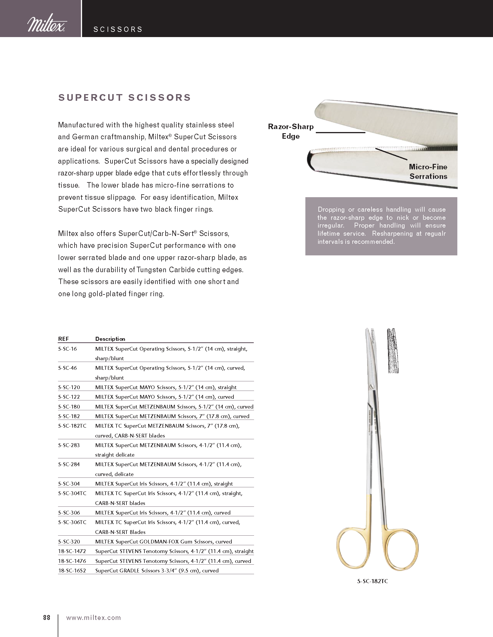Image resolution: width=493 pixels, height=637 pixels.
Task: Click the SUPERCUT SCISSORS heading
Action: (x=125, y=97)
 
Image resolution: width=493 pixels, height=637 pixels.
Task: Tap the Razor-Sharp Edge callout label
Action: (x=291, y=131)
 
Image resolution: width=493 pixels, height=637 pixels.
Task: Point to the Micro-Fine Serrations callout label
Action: (x=428, y=171)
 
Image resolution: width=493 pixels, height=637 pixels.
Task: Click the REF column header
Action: (x=64, y=339)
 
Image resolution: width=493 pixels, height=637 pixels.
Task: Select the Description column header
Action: (x=110, y=339)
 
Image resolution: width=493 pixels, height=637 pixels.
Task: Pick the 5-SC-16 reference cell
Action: (x=68, y=349)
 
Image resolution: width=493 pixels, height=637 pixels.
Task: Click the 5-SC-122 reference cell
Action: (x=69, y=397)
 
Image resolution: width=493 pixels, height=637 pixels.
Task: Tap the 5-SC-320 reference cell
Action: (x=69, y=541)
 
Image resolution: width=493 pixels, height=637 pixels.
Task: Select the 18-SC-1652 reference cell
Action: (x=72, y=570)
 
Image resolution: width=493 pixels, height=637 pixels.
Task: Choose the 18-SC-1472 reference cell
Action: (x=72, y=551)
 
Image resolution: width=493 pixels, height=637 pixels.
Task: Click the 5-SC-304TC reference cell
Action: (x=72, y=493)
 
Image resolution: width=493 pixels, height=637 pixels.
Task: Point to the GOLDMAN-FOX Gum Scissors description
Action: (x=164, y=541)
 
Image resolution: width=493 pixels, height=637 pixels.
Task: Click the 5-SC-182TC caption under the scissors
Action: (x=372, y=581)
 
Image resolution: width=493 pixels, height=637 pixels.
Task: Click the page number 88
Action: (x=47, y=618)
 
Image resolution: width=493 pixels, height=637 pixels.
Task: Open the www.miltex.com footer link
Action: (x=93, y=618)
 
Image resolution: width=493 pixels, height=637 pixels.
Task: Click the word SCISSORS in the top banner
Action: (x=118, y=30)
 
